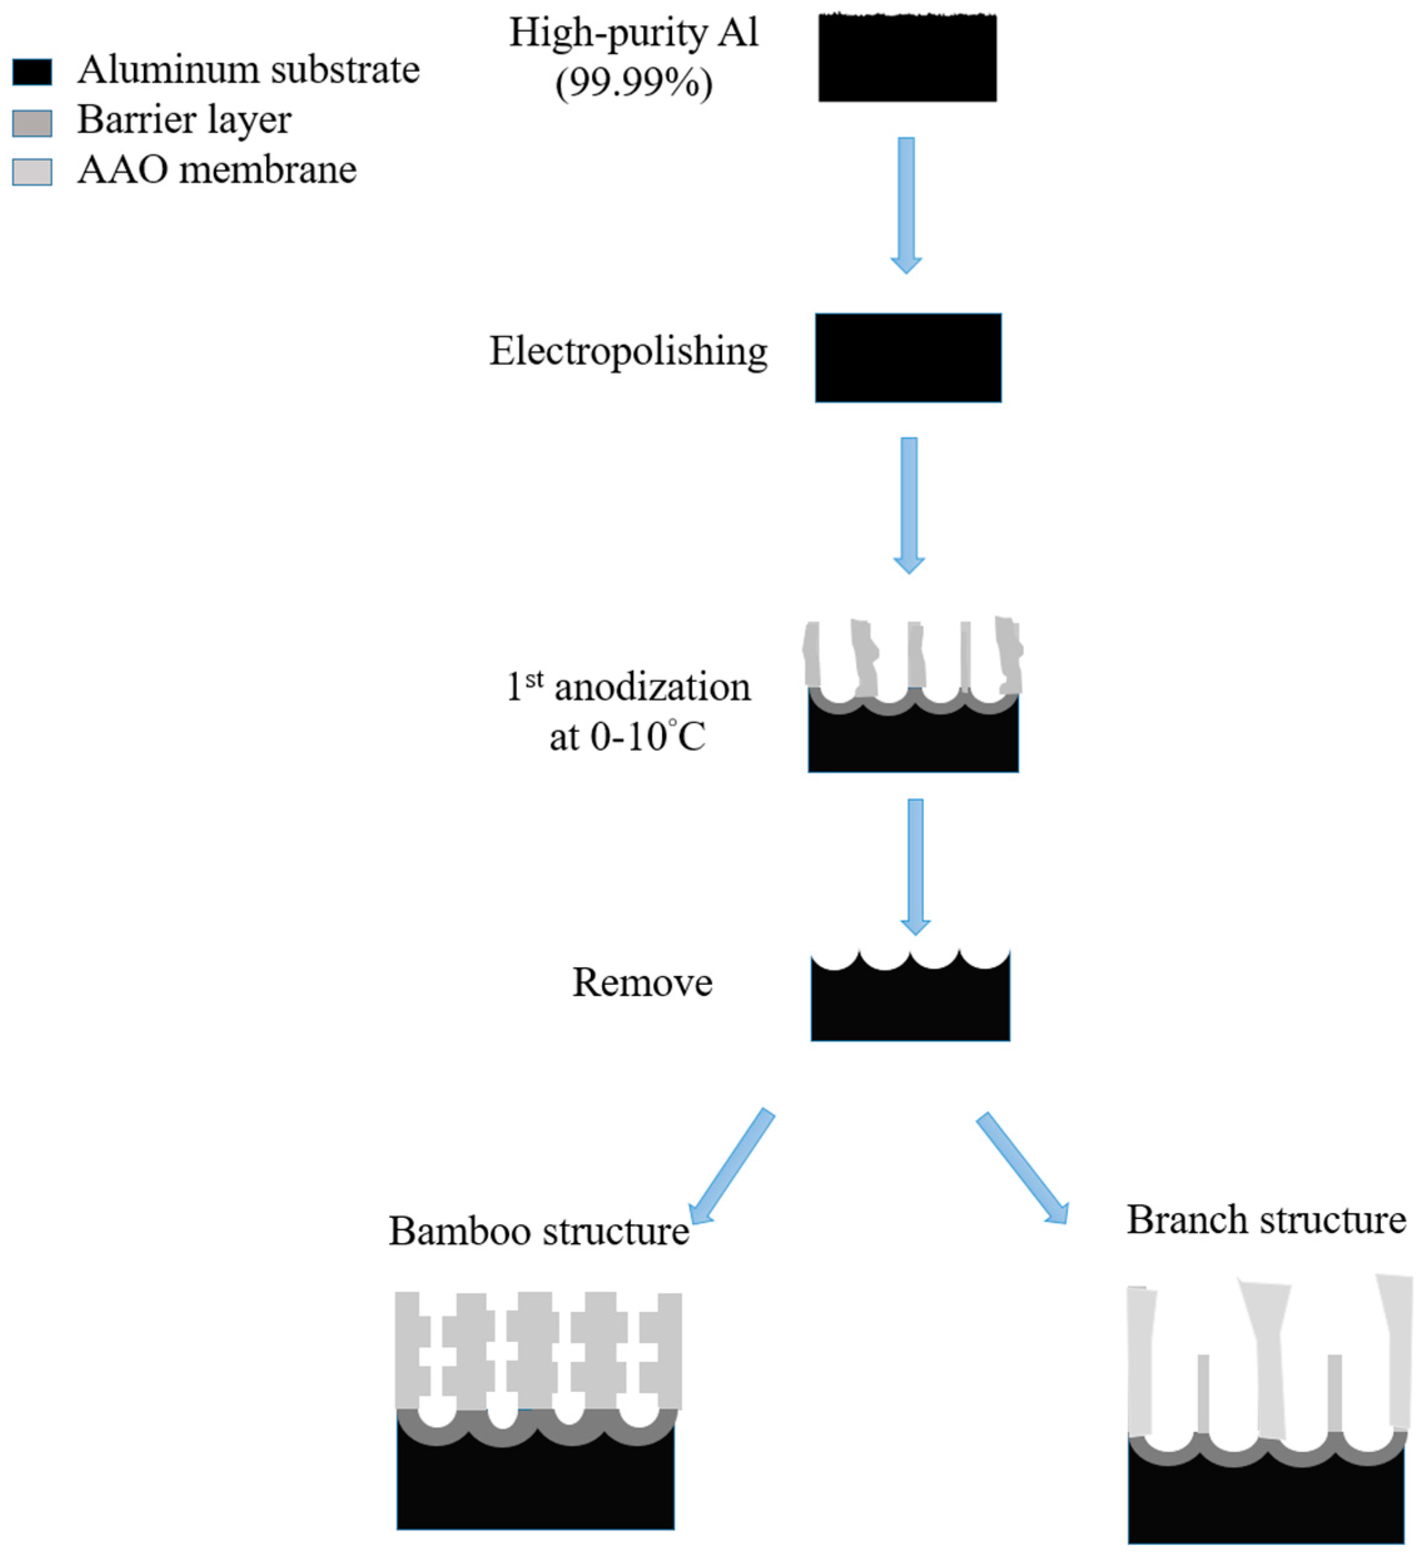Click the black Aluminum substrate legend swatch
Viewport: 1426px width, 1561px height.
(32, 72)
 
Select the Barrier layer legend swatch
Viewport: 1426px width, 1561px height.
(32, 122)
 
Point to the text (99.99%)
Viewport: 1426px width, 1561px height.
(633, 83)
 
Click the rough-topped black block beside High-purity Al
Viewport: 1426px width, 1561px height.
(907, 59)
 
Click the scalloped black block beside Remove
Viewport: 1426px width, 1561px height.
(910, 1005)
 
